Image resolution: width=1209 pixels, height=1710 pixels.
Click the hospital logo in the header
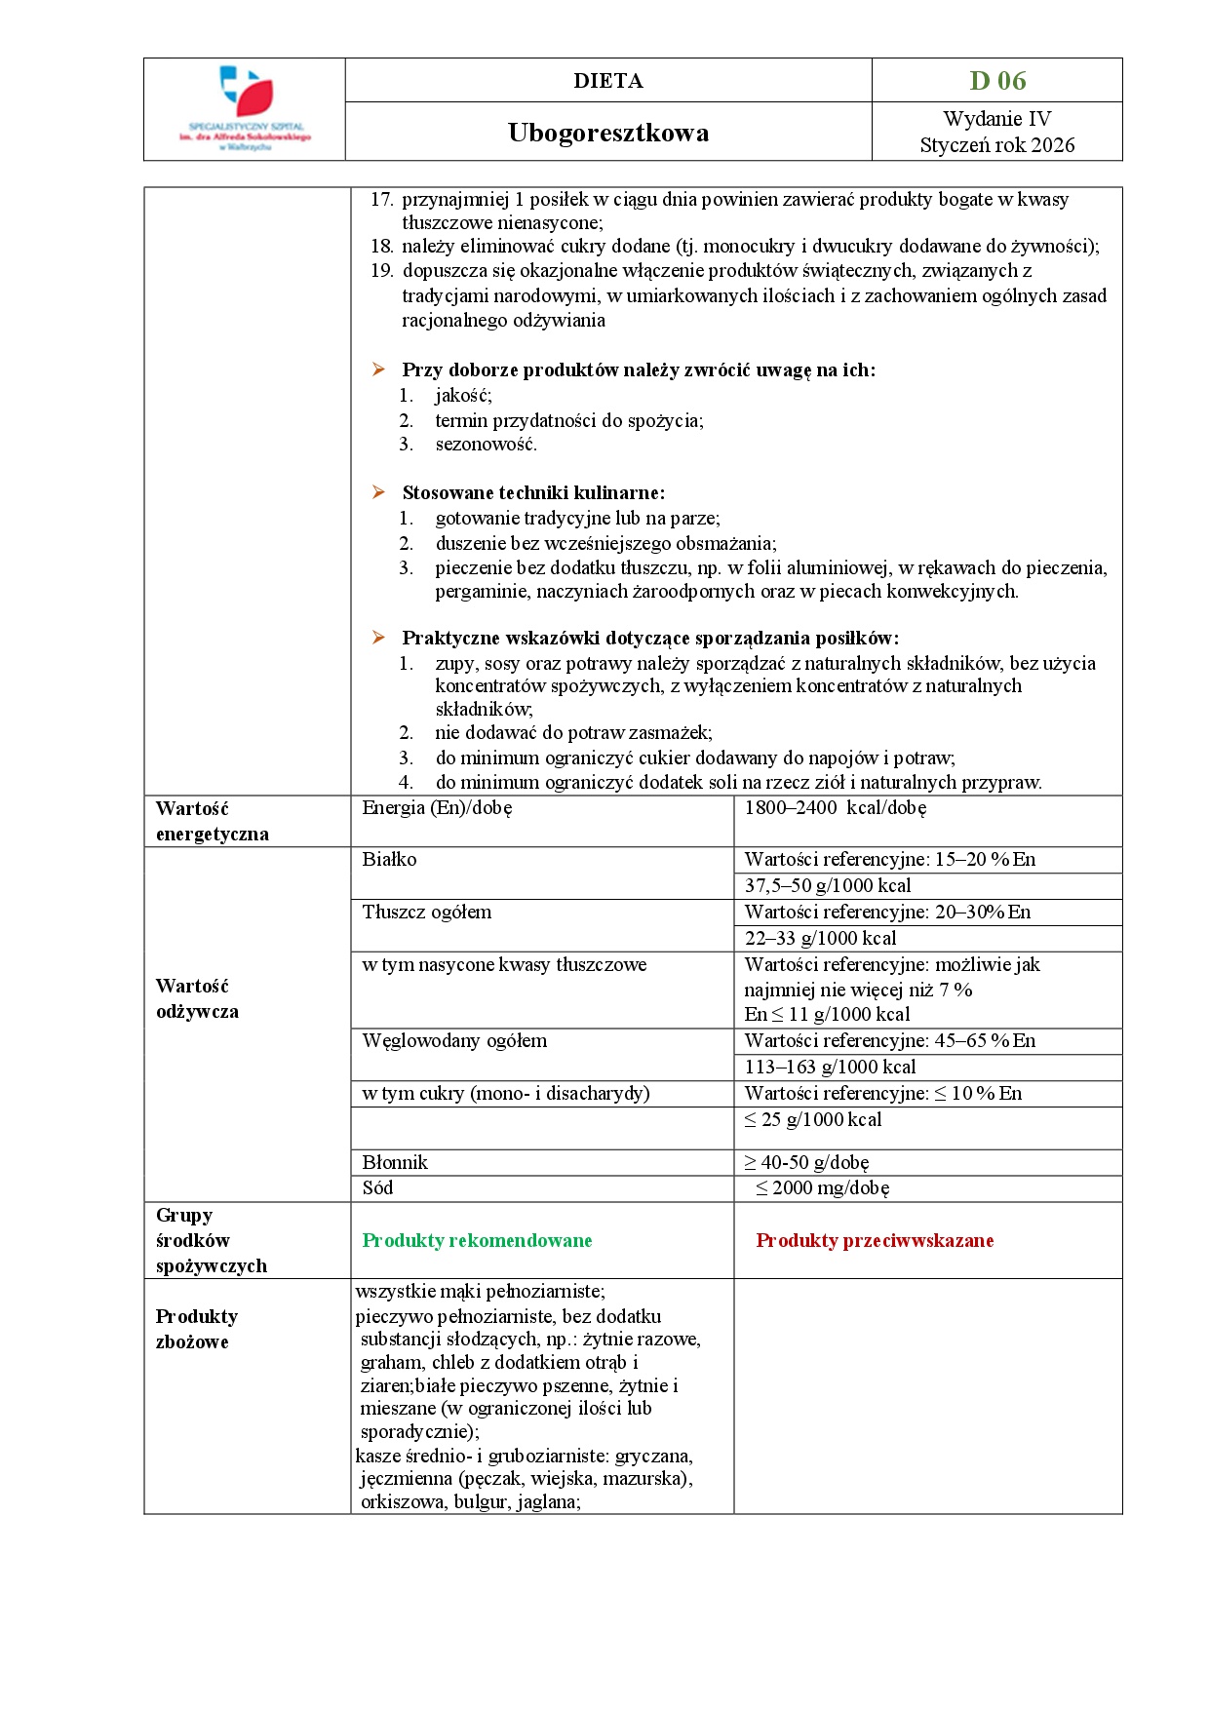coord(245,107)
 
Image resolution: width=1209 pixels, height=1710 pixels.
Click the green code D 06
coord(997,81)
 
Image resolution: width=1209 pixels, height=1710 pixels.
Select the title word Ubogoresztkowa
coord(608,133)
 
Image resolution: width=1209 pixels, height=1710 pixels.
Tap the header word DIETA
coord(608,81)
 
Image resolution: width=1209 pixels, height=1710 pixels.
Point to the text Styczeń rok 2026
coord(997,145)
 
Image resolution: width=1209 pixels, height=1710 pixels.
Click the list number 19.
coord(381,270)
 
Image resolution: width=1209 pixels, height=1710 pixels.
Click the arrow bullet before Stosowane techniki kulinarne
coord(378,492)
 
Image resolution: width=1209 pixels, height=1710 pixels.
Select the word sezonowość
coord(486,445)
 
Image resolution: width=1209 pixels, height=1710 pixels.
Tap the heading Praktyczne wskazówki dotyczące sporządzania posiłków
coord(650,639)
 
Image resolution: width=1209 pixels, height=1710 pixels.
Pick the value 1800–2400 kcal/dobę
coord(835,808)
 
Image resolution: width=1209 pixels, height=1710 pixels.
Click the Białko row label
coord(389,860)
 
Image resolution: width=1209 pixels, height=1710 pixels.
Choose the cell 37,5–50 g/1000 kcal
coord(828,886)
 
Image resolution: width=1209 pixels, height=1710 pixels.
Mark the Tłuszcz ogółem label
coord(427,913)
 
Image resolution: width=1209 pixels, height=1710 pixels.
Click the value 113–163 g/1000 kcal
coord(830,1068)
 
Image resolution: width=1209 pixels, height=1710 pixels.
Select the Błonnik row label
coord(395,1162)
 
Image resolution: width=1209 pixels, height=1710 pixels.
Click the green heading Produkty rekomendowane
coord(477,1240)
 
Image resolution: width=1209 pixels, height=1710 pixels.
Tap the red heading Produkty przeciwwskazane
coord(875,1240)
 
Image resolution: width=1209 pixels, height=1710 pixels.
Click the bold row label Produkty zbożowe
coord(196,1329)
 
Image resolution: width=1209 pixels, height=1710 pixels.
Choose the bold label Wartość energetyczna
coord(212,821)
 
